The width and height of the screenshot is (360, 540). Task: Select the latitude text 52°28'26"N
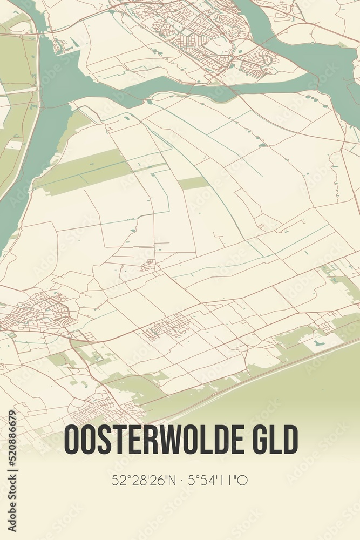[141, 480]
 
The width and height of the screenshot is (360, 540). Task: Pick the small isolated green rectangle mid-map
[193, 183]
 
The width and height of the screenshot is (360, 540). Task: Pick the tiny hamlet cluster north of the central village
[148, 265]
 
